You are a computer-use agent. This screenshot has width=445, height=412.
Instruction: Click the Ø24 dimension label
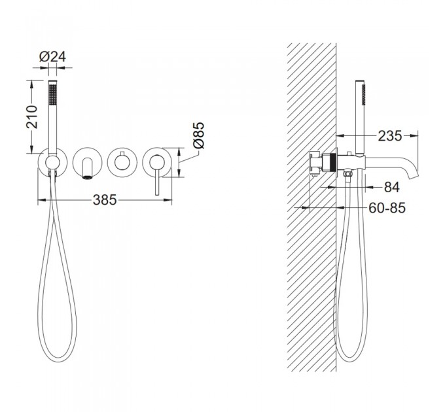coord(52,56)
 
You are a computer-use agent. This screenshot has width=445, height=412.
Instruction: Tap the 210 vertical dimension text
coord(32,117)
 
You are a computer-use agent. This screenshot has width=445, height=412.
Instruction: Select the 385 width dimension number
coord(105,200)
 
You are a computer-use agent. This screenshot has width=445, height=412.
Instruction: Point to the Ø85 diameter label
coord(198,135)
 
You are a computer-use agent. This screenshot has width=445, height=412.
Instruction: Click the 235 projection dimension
coord(390,136)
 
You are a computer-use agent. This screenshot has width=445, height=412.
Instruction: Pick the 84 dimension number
coord(392,187)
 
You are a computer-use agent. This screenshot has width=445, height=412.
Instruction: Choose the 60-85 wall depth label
coord(387,208)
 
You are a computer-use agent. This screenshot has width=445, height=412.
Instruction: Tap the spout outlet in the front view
coord(87,177)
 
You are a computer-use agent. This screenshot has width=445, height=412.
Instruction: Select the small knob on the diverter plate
coord(122,155)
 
